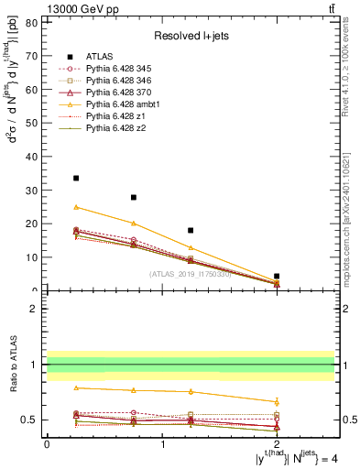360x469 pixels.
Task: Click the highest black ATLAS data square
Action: coord(76,178)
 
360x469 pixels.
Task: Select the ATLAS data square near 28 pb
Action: coord(134,197)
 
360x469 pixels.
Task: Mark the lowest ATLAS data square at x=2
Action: coord(277,276)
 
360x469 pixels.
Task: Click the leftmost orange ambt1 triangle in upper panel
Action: coord(76,207)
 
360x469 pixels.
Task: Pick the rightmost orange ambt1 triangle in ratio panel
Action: coord(277,401)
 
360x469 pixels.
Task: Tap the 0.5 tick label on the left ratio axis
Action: coord(30,420)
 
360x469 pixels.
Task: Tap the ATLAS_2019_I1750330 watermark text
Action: coord(190,274)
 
